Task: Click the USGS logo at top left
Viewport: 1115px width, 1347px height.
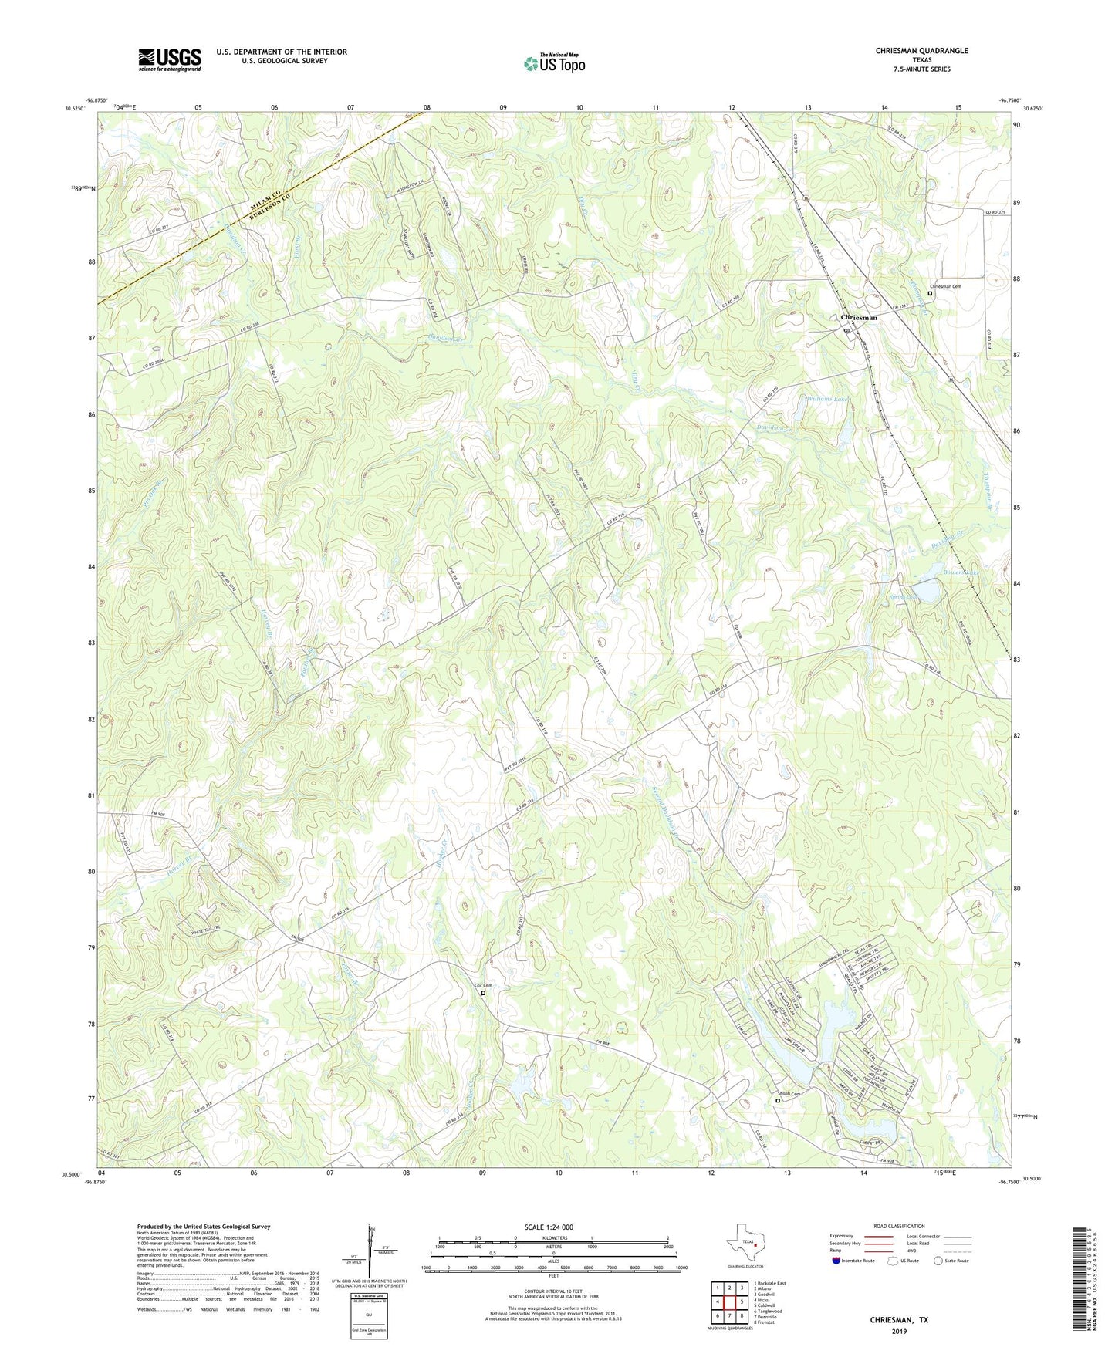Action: coord(170,59)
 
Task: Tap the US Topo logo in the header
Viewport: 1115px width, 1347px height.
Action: coord(554,63)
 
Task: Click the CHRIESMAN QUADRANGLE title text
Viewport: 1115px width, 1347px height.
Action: coord(921,51)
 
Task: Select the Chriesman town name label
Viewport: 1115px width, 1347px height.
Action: coord(858,318)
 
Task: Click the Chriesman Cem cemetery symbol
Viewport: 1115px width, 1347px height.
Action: coord(930,293)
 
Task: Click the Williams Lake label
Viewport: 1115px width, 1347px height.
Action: coord(828,399)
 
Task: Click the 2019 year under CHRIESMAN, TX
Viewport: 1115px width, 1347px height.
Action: coord(899,1332)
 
